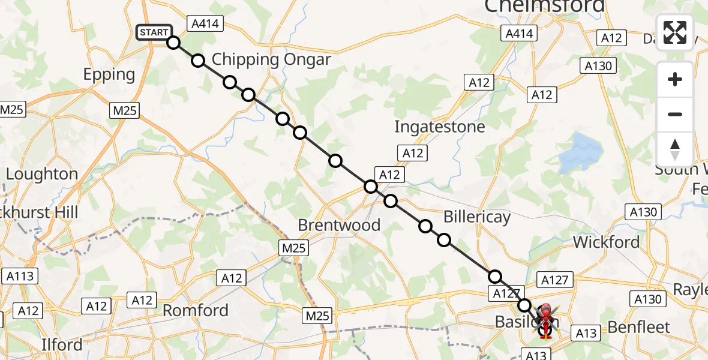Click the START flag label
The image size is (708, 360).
[154, 32]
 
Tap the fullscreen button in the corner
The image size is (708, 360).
[675, 32]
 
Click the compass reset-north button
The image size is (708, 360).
[675, 149]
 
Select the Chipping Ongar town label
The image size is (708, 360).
[271, 59]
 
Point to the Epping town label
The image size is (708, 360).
[109, 74]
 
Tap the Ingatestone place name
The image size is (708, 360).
[439, 127]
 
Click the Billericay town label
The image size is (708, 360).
[477, 217]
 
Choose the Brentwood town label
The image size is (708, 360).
[340, 225]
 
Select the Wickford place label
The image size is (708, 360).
[606, 242]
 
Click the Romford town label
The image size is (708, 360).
[196, 310]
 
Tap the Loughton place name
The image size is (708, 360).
[42, 174]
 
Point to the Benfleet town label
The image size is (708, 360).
[638, 327]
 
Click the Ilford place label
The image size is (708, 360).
[62, 346]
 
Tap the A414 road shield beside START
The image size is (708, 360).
[205, 24]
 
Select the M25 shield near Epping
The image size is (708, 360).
[125, 110]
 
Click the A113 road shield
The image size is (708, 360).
[20, 276]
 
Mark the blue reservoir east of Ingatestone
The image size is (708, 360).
[578, 152]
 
